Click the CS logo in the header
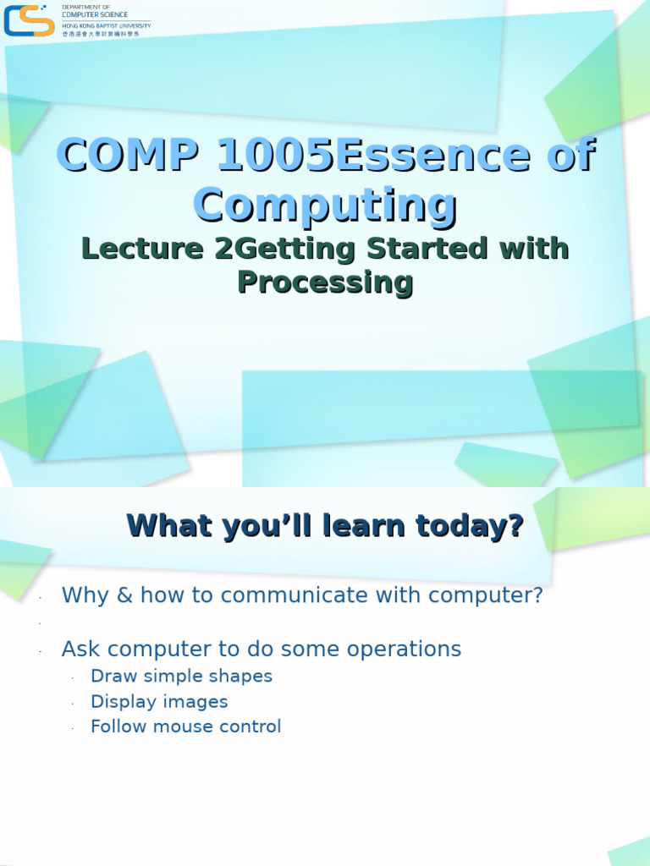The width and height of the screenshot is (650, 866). (30, 20)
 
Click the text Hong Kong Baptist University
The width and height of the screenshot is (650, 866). (107, 25)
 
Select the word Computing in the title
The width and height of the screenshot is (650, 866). (325, 206)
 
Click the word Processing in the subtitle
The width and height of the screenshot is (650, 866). (325, 282)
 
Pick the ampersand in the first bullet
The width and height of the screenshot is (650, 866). (125, 595)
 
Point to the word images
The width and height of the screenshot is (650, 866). (196, 702)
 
